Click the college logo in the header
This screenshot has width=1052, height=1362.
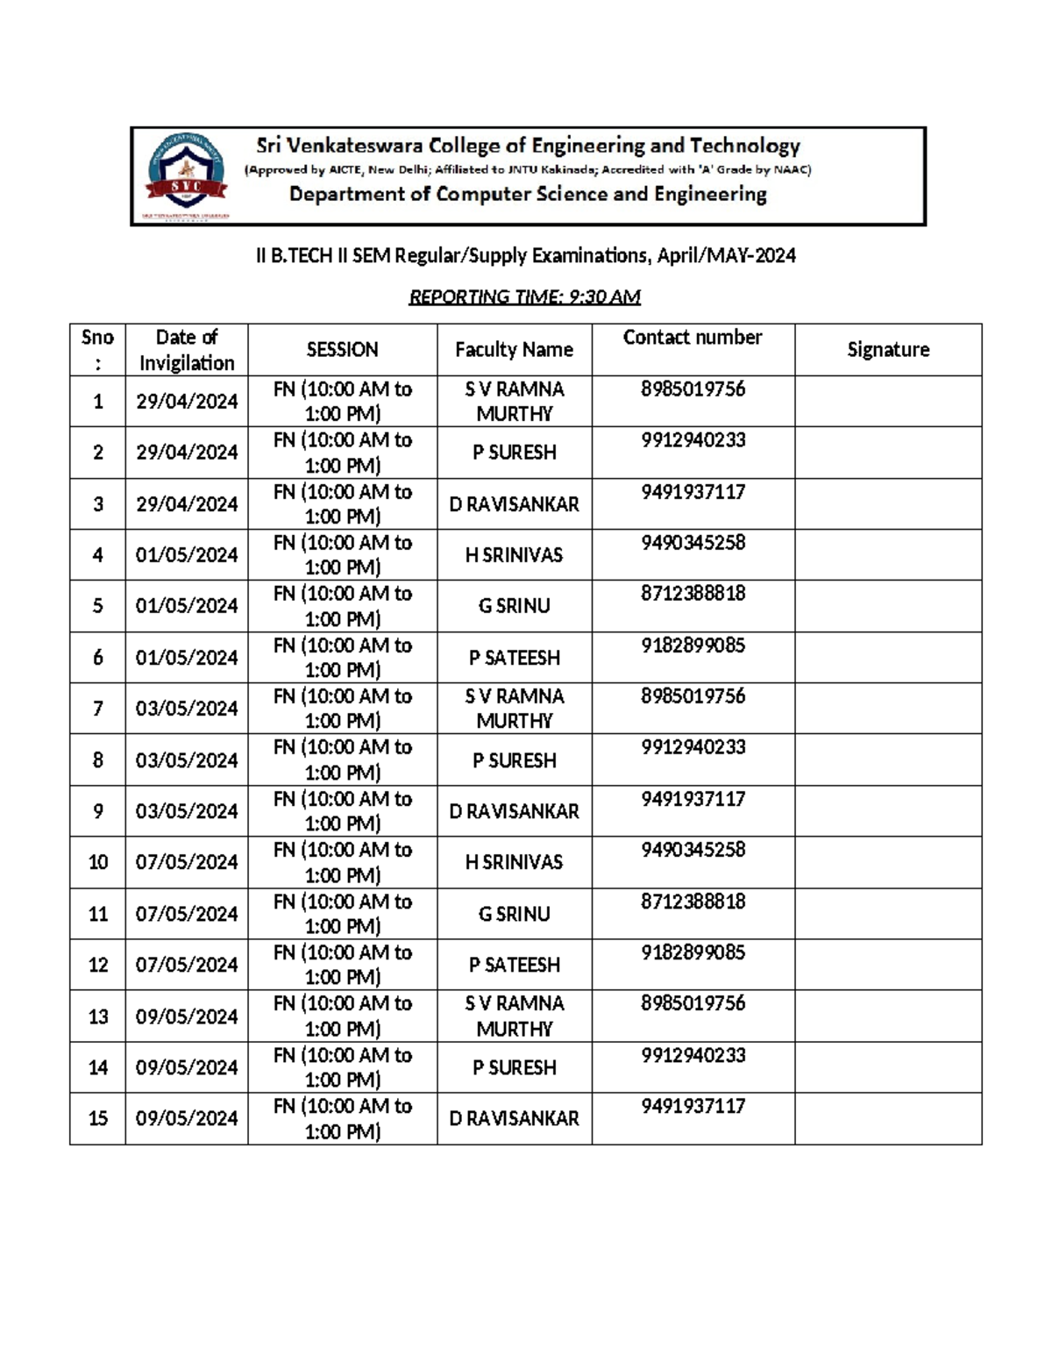coord(186,176)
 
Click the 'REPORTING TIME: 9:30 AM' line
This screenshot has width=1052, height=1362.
coord(524,297)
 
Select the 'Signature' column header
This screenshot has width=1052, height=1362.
coord(887,350)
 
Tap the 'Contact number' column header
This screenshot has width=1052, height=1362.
coord(693,338)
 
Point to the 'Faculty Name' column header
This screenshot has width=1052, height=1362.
coord(514,350)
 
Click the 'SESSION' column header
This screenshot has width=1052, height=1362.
coord(342,350)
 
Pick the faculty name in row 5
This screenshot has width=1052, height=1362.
coord(514,606)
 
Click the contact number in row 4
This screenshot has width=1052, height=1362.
coord(693,543)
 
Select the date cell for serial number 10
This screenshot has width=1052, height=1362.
coord(187,862)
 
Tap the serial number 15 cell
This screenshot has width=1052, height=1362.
coord(98,1118)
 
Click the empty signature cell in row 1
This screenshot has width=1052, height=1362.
coord(887,402)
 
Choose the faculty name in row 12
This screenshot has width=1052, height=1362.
coord(514,965)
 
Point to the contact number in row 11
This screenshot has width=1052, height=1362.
coord(693,902)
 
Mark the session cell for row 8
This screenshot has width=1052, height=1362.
coord(342,759)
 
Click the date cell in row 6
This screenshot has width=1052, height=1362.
coord(187,658)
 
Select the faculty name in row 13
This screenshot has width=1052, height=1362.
coord(514,1016)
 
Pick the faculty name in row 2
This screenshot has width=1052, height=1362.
coord(514,453)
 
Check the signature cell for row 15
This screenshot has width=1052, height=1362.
coord(887,1118)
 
